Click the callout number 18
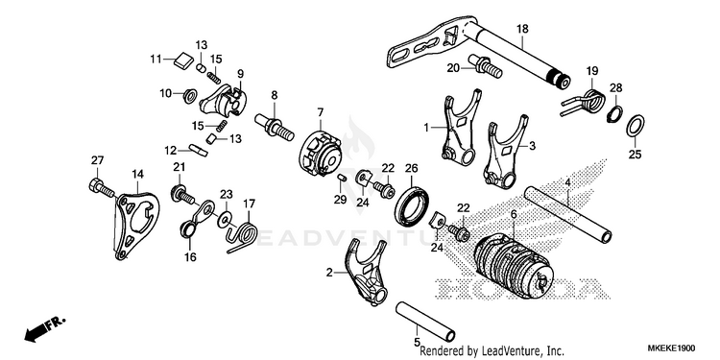[522, 29]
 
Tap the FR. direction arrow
[45, 329]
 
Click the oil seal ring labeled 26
[412, 206]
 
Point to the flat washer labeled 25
[636, 126]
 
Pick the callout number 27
[97, 160]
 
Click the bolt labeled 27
[101, 188]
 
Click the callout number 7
[320, 112]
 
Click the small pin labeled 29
[341, 178]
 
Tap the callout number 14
[137, 174]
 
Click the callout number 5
[417, 342]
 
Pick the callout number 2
[329, 273]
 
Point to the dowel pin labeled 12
[200, 150]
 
